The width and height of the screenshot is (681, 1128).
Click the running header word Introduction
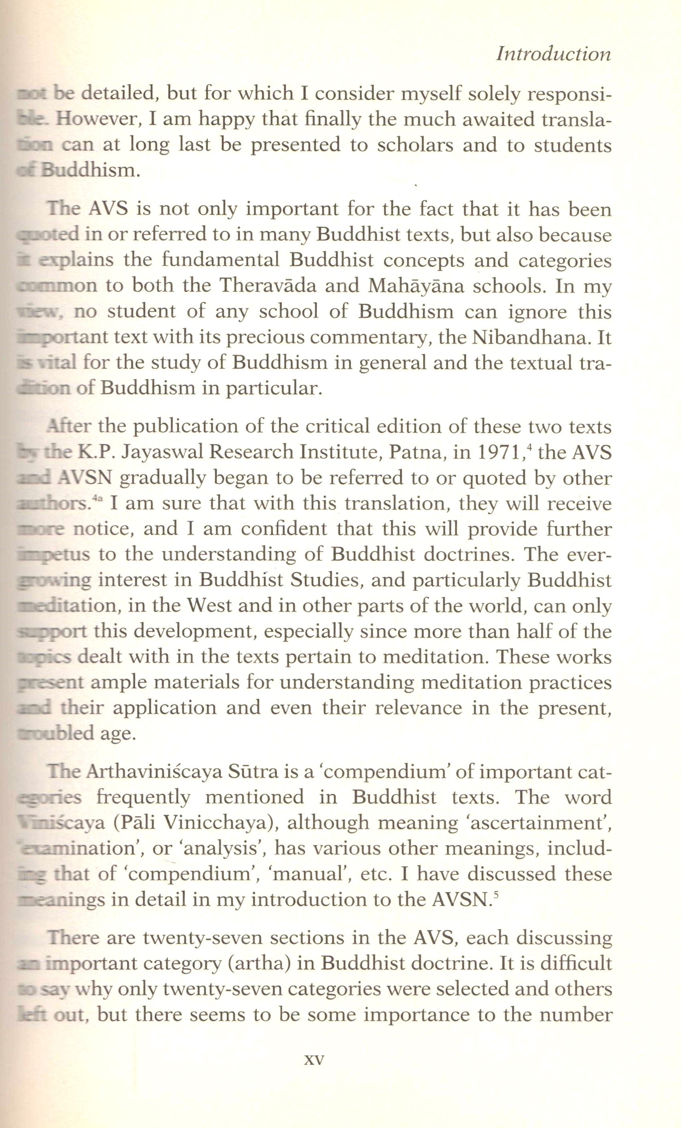554,55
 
